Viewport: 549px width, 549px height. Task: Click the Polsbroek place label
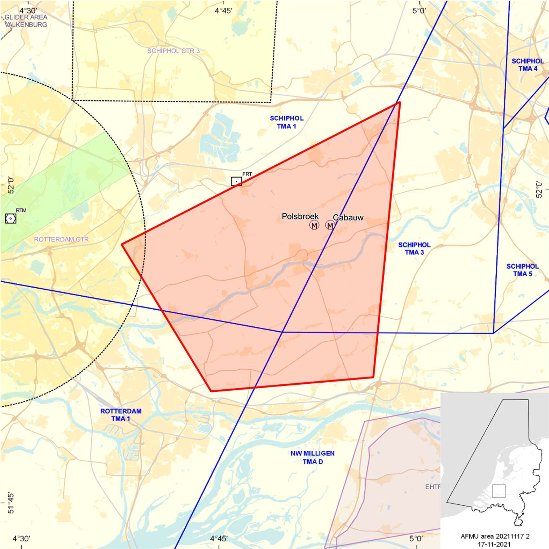click(x=300, y=216)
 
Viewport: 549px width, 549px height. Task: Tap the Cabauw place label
click(x=348, y=217)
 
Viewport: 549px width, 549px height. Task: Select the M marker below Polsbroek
click(x=314, y=225)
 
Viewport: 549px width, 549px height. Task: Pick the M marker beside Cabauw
click(x=330, y=225)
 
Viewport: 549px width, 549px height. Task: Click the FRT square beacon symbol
click(x=236, y=181)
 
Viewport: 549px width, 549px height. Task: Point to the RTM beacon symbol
click(x=11, y=219)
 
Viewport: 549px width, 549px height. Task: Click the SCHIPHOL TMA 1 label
click(x=287, y=122)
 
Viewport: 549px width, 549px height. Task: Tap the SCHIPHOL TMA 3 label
click(x=414, y=249)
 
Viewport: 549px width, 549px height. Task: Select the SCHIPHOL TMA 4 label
click(x=528, y=65)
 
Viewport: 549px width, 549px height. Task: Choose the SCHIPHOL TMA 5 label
click(x=522, y=270)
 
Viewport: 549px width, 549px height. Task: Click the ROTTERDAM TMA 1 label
click(x=121, y=415)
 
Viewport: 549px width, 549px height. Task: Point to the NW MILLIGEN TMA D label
click(x=313, y=457)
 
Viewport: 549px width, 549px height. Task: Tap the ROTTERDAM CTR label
click(x=61, y=239)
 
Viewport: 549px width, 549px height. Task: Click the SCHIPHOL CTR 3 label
click(x=173, y=51)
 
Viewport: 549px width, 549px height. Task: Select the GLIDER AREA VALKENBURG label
click(x=26, y=21)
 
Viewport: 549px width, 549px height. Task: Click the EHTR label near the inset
click(x=433, y=487)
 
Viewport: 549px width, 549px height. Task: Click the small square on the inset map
click(x=499, y=491)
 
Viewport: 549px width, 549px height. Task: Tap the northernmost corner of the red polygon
click(x=400, y=102)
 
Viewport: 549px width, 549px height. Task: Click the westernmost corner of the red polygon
click(x=122, y=244)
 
